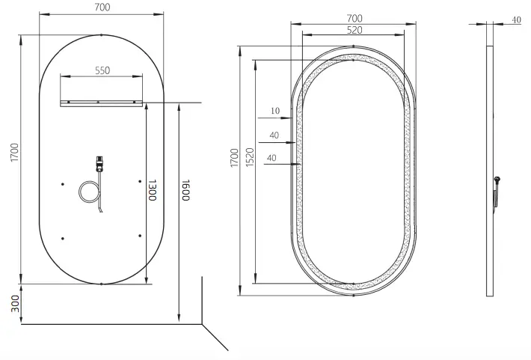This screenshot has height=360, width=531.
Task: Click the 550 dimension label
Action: click(102, 70)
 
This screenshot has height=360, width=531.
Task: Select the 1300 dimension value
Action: click(153, 193)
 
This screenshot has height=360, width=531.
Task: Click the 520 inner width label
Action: click(355, 29)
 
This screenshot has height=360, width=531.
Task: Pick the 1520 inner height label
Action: click(249, 158)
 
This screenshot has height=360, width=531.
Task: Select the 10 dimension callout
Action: click(274, 112)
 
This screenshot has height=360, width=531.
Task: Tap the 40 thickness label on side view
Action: click(516, 20)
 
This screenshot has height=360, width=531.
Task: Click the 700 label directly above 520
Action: click(355, 18)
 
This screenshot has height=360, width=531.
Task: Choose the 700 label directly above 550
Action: click(102, 8)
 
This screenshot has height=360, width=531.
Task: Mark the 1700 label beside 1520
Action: click(234, 158)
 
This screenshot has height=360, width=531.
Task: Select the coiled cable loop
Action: click(88, 192)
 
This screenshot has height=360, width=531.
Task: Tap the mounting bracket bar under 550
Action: click(102, 104)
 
